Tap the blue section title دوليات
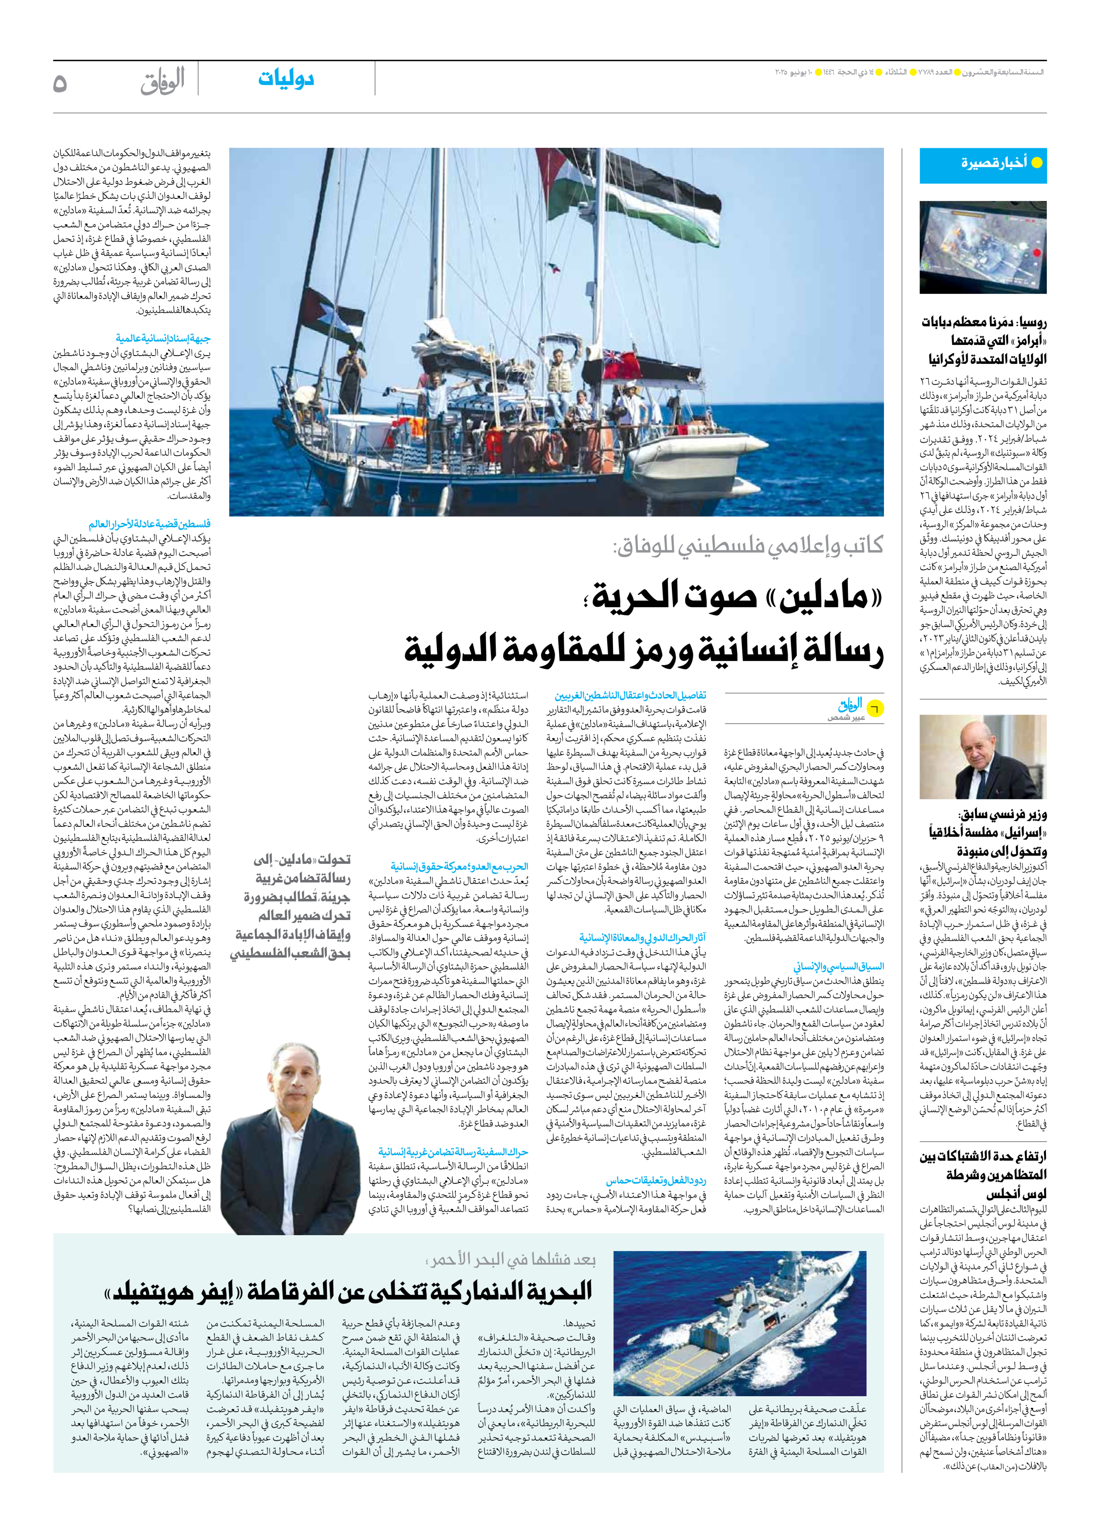click(x=286, y=79)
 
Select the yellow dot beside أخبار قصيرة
click(x=1037, y=163)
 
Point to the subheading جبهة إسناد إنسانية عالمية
click(x=163, y=338)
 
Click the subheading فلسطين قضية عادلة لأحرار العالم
click(x=149, y=524)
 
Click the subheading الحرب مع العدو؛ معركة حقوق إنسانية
click(x=459, y=866)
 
